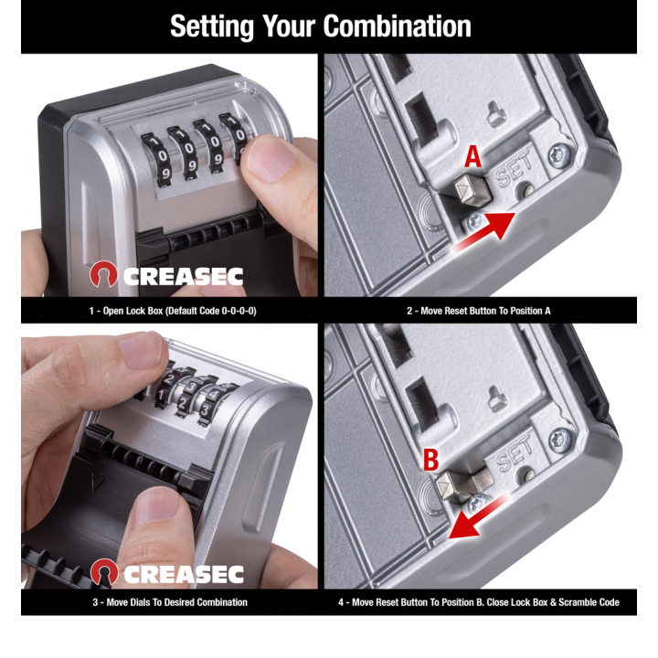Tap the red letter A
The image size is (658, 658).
point(472,157)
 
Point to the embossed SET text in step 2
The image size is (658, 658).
point(514,173)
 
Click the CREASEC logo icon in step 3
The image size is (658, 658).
point(104,574)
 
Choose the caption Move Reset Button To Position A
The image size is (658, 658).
point(479,311)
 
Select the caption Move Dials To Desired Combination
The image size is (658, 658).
point(170,602)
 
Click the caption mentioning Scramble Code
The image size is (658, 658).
point(479,602)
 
